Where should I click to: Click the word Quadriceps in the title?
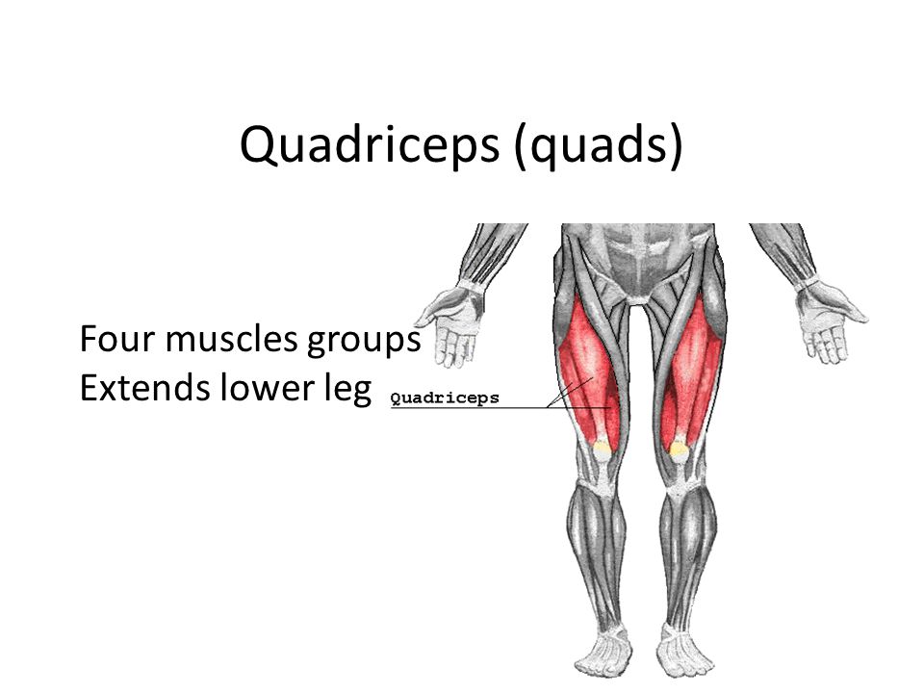[x=370, y=145]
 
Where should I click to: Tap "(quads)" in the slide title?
[x=599, y=145]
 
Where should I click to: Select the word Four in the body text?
[x=117, y=339]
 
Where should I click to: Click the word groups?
[x=364, y=342]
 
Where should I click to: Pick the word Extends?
[x=144, y=388]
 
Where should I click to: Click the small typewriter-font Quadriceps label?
[x=445, y=398]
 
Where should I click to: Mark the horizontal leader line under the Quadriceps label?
[x=500, y=407]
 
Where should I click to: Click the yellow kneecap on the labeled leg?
[x=602, y=448]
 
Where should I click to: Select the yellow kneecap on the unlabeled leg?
[x=679, y=449]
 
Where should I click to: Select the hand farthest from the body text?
[x=830, y=321]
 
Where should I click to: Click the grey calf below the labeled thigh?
[x=595, y=542]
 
